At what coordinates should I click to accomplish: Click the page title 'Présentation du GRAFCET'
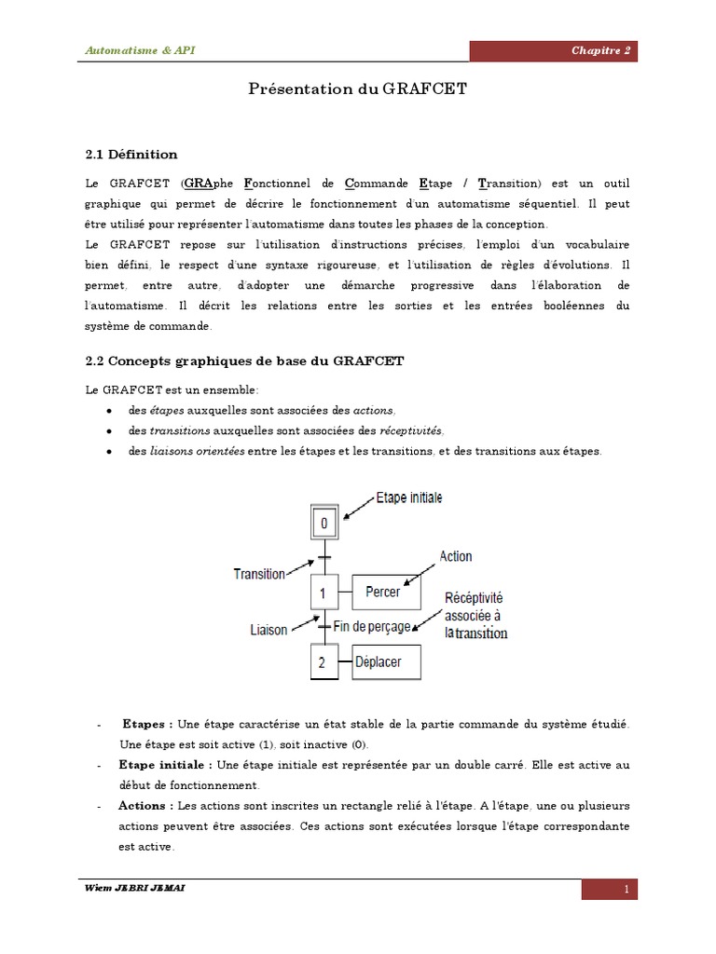[357, 89]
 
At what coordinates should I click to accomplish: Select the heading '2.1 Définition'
[131, 155]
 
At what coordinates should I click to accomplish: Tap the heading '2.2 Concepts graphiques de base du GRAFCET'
[244, 361]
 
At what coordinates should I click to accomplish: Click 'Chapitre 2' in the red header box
[600, 50]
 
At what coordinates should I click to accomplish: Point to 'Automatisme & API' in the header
[141, 50]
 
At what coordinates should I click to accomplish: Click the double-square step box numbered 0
[324, 524]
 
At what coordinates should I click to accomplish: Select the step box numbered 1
[324, 593]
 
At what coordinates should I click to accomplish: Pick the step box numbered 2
[323, 663]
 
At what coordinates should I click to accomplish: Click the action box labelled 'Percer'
[385, 593]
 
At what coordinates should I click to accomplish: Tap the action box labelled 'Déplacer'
[385, 663]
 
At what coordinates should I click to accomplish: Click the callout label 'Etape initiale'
[408, 498]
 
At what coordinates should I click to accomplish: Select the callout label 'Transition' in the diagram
[259, 574]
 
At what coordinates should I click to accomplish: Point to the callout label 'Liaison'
[269, 630]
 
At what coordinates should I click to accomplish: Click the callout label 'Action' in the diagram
[455, 556]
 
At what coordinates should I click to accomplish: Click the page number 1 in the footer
[627, 890]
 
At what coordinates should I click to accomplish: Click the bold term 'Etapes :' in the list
[146, 724]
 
